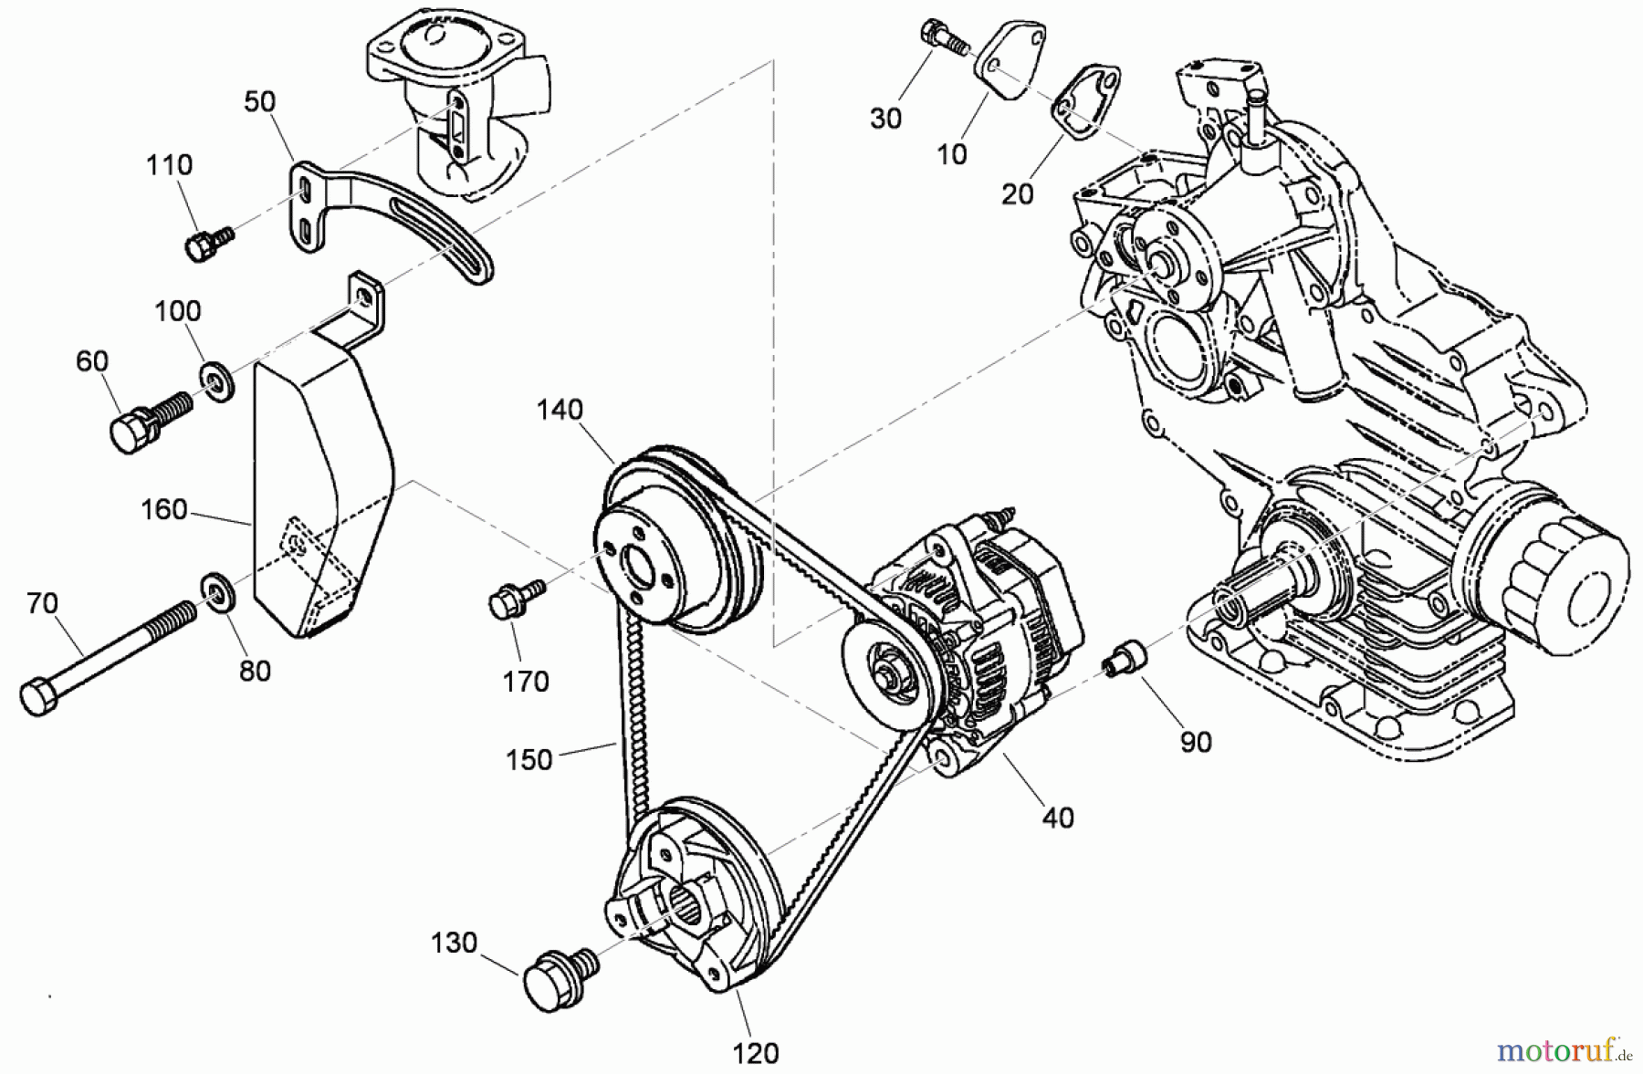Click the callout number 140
[x=559, y=410]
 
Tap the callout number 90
[x=1195, y=742]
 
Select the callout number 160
[x=164, y=509]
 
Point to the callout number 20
[x=1017, y=193]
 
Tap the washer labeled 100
[x=217, y=380]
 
